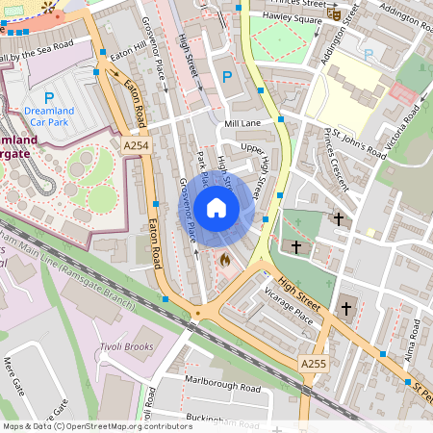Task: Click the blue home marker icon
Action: pos(216,207)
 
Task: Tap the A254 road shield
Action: pos(136,145)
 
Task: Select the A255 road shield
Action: pos(313,365)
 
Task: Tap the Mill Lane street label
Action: pos(242,124)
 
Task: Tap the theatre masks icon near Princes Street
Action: pos(333,13)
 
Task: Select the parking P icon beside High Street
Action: pos(227,77)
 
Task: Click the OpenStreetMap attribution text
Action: pos(97,425)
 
